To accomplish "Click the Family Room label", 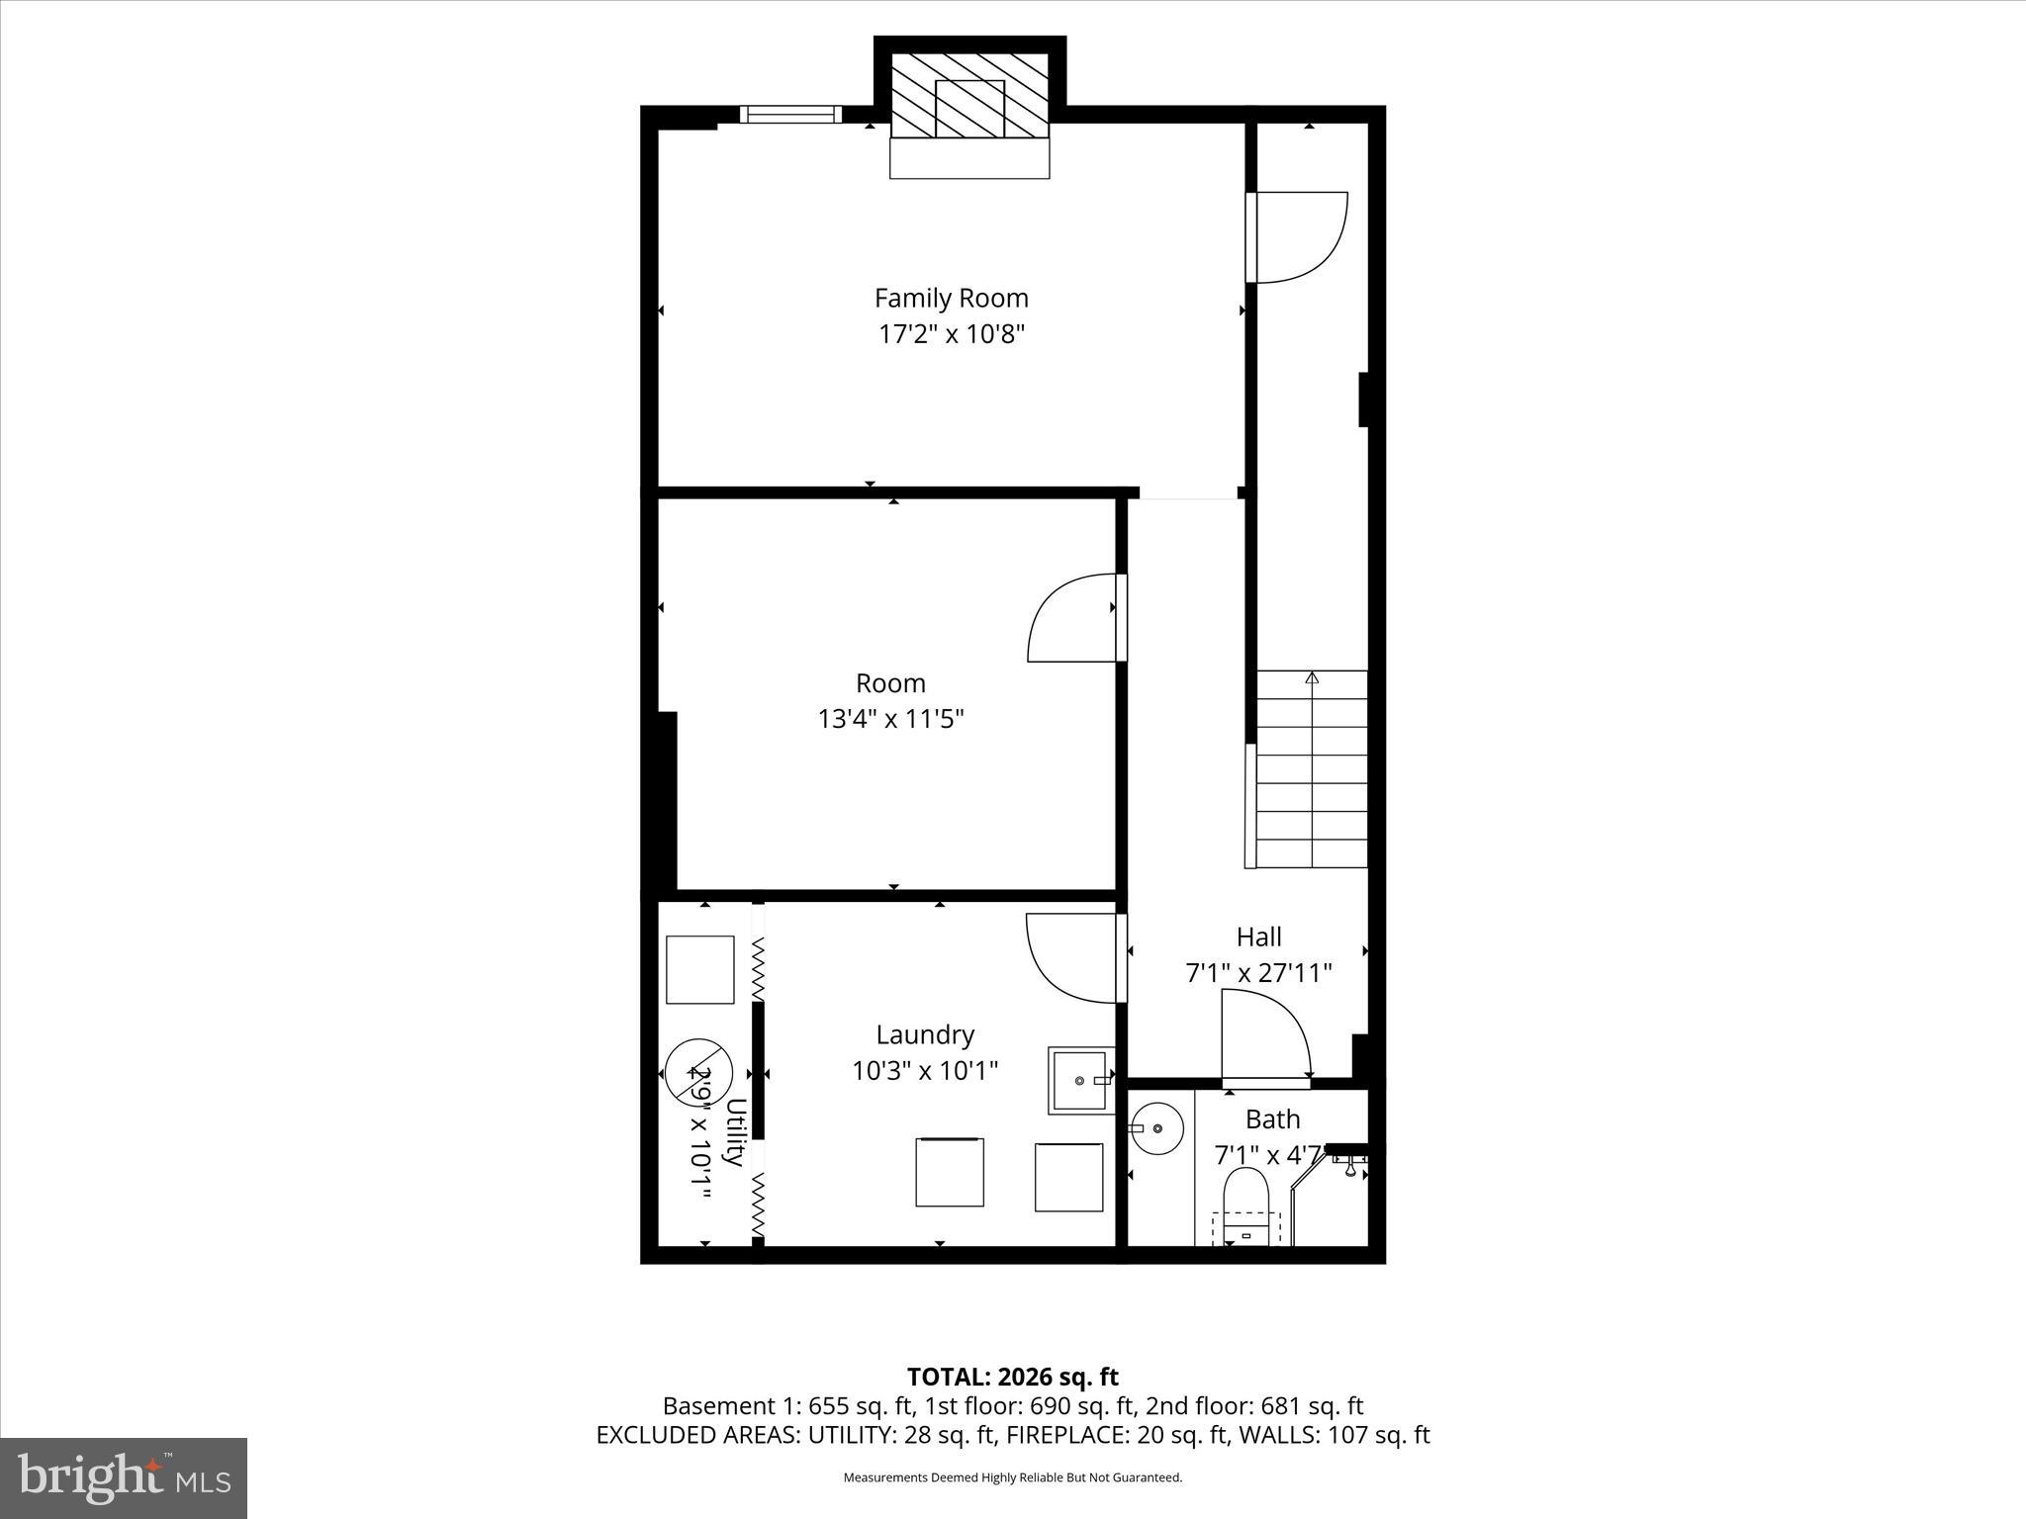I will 951,298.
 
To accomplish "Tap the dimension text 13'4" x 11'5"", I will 890,719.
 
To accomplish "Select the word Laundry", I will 925,1034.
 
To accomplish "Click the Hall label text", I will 1258,937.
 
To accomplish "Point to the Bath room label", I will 1272,1119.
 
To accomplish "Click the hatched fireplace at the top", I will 969,95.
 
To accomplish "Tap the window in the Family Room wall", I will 790,115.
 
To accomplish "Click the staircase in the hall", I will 1312,769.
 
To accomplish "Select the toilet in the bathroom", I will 1245,1203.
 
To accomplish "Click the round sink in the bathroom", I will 1156,1128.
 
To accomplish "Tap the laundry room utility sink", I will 1081,1081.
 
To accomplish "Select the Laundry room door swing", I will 1071,957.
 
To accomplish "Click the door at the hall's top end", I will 1296,236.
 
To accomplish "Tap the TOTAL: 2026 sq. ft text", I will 1012,1377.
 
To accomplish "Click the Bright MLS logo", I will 124,1477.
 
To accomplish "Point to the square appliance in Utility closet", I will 699,970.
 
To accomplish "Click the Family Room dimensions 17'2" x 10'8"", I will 951,334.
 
